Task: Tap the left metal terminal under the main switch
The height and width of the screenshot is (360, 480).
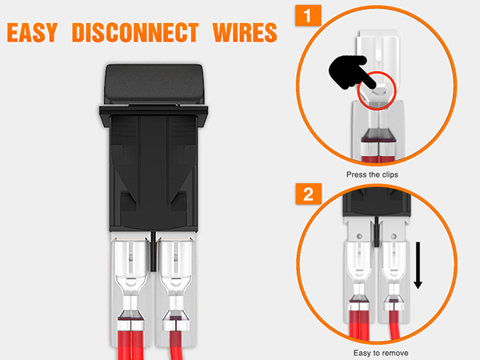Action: tap(128, 280)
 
